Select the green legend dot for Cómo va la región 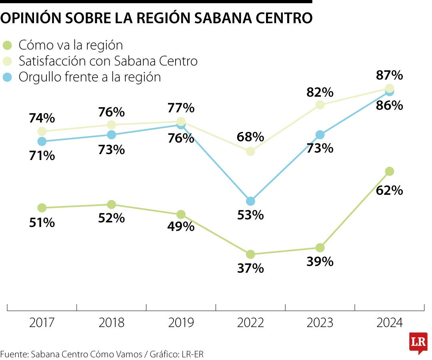tap(8, 45)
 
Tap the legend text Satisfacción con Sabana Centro tap(108, 61)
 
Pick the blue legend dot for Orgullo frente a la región tap(8, 77)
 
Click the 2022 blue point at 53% tap(250, 201)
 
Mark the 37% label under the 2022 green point tap(250, 268)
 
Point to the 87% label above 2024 tap(389, 75)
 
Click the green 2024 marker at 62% tap(389, 171)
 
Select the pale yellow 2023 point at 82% tap(320, 105)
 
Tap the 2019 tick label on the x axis tap(181, 322)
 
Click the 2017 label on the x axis tap(42, 322)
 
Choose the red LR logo tap(418, 342)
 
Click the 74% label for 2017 tap(42, 118)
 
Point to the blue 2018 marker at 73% tap(112, 135)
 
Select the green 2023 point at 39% tap(320, 248)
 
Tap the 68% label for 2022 tap(250, 137)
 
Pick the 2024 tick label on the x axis tap(389, 322)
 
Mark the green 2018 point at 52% tap(112, 204)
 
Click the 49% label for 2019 tap(181, 226)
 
